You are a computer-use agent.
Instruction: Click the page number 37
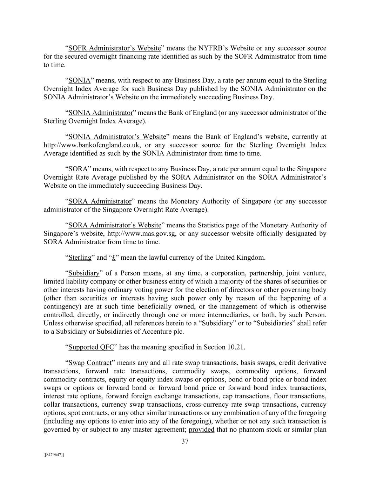(185, 441)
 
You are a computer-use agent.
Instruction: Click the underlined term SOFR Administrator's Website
(114, 48)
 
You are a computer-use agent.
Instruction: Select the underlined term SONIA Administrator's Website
(117, 137)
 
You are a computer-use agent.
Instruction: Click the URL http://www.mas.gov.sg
(141, 233)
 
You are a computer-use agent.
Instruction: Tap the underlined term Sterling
(80, 258)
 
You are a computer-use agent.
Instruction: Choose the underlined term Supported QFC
(91, 347)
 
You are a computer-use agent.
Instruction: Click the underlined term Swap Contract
(90, 363)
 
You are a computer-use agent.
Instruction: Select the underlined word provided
(201, 430)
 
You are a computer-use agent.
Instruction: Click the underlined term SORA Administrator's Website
(115, 225)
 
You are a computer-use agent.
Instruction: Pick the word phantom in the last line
(242, 430)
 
